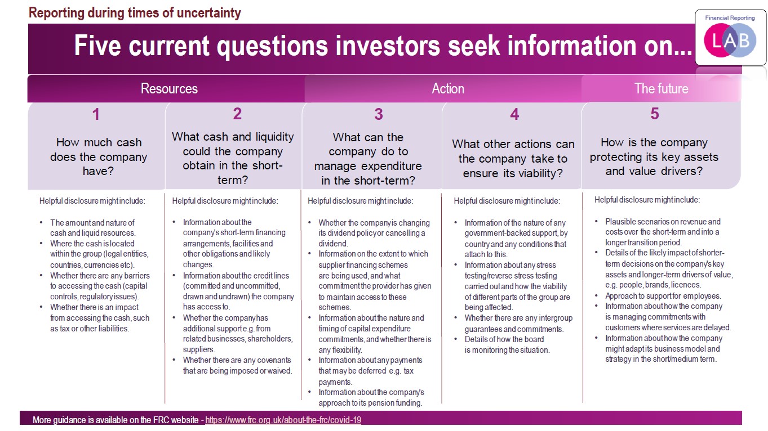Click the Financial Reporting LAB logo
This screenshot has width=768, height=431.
[x=730, y=37]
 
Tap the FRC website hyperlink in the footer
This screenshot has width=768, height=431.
[x=283, y=420]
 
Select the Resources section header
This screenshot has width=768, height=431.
[x=169, y=89]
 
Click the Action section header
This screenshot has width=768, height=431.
[x=448, y=89]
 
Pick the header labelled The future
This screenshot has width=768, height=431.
[x=661, y=89]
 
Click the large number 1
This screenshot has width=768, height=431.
[x=96, y=114]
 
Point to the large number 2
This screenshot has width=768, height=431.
[x=237, y=114]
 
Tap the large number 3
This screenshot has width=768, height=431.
[x=379, y=114]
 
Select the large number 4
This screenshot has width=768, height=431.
[x=514, y=114]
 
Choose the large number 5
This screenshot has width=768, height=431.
[x=655, y=114]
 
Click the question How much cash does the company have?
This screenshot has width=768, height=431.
[x=99, y=156]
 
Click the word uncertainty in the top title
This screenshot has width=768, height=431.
[x=208, y=13]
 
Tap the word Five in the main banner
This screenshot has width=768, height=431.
[x=97, y=46]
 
